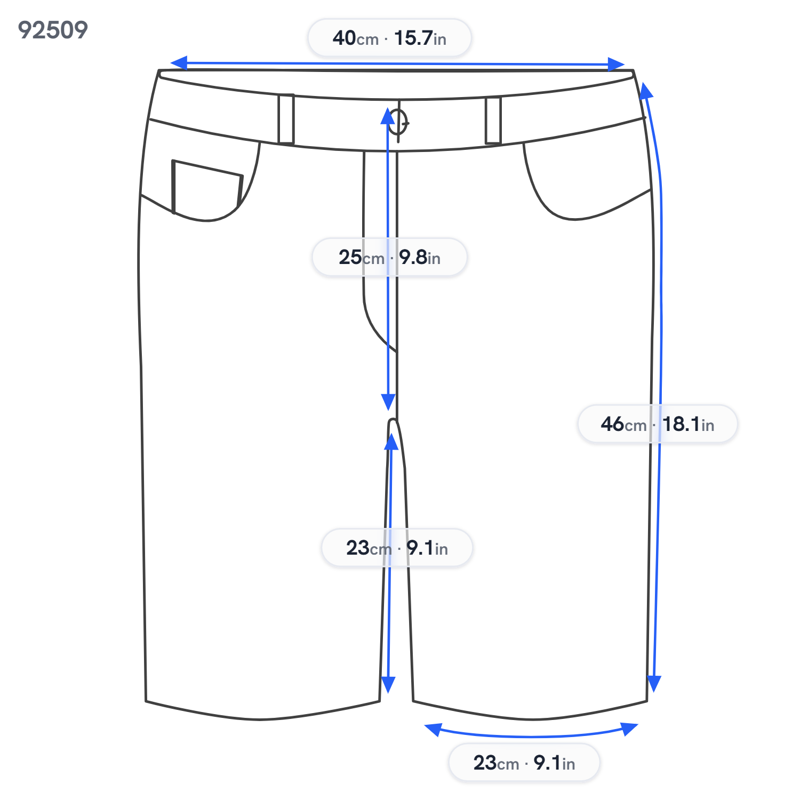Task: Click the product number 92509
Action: pos(53,30)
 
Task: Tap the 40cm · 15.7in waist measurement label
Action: pos(389,38)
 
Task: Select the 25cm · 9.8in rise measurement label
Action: pos(389,257)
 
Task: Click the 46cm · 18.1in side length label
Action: pos(657,424)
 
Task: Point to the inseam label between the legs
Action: pos(397,548)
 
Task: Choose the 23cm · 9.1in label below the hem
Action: pos(524,763)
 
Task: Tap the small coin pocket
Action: pos(207,186)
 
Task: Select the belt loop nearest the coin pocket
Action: pos(286,119)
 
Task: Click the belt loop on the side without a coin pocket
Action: pos(493,121)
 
